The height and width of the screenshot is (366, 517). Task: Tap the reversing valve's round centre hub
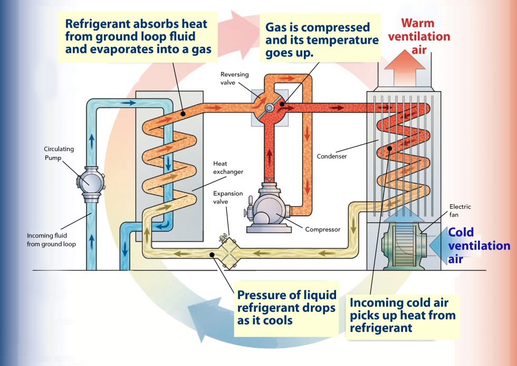[269, 107]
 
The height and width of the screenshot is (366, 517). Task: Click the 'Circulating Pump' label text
[59, 153]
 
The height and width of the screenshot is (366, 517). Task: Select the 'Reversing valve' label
[234, 78]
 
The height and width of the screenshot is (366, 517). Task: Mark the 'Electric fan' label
[460, 211]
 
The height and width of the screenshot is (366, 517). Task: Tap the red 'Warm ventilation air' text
[425, 37]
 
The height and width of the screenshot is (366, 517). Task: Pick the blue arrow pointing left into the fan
[437, 245]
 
